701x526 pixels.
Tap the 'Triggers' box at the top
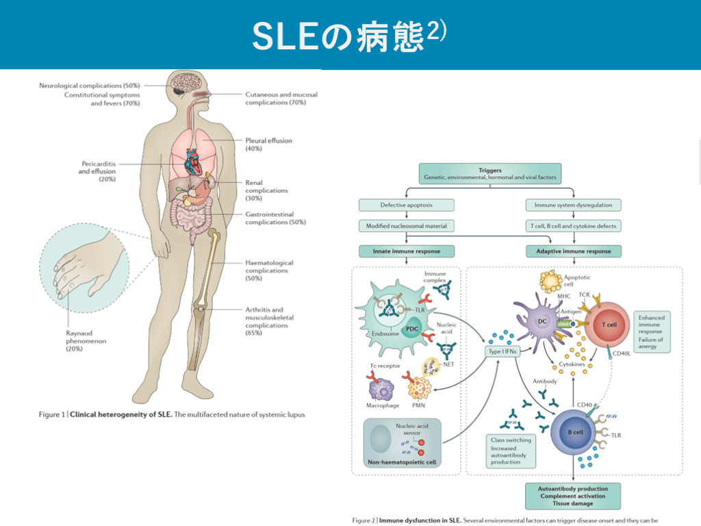point(490,173)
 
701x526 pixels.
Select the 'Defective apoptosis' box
point(406,205)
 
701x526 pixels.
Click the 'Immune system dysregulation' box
point(574,205)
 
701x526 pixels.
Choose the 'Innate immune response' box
point(406,251)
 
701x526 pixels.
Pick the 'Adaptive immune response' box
point(574,251)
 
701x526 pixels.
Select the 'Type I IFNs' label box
point(503,351)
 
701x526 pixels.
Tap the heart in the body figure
point(197,163)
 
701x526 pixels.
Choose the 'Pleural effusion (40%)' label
point(268,145)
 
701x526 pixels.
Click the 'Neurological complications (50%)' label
point(89,86)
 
